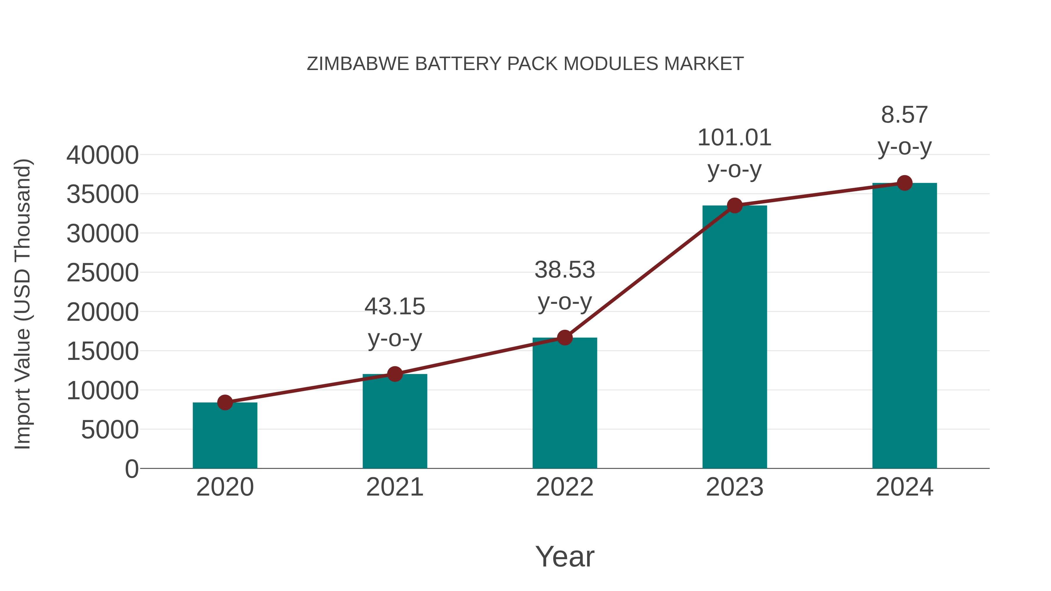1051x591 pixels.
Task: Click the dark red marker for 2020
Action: coord(225,402)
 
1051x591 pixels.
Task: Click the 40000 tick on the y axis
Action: coord(102,155)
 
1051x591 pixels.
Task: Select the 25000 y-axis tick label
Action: coord(102,273)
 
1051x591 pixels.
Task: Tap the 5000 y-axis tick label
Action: coord(110,430)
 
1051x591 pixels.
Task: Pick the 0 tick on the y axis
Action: coord(132,469)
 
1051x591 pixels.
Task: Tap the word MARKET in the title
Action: coord(704,64)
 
